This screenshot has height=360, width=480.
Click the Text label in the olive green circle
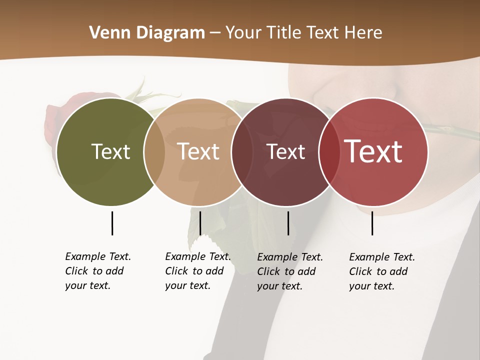click(110, 151)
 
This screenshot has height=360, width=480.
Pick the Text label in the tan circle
click(198, 151)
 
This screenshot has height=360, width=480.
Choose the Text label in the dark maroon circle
click(286, 151)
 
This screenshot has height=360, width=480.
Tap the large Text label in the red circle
click(373, 151)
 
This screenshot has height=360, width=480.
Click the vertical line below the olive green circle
click(112, 223)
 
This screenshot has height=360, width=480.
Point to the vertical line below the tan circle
click(200, 223)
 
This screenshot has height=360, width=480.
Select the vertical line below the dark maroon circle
click(288, 223)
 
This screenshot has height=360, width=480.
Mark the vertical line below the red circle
click(372, 223)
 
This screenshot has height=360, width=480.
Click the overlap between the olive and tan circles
click(154, 151)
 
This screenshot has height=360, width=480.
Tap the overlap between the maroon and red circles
click(329, 151)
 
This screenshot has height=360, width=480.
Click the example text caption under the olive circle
click(98, 271)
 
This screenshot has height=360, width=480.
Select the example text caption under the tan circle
click(198, 271)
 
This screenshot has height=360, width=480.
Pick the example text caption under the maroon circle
click(290, 271)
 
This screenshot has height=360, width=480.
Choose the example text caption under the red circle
click(382, 271)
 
